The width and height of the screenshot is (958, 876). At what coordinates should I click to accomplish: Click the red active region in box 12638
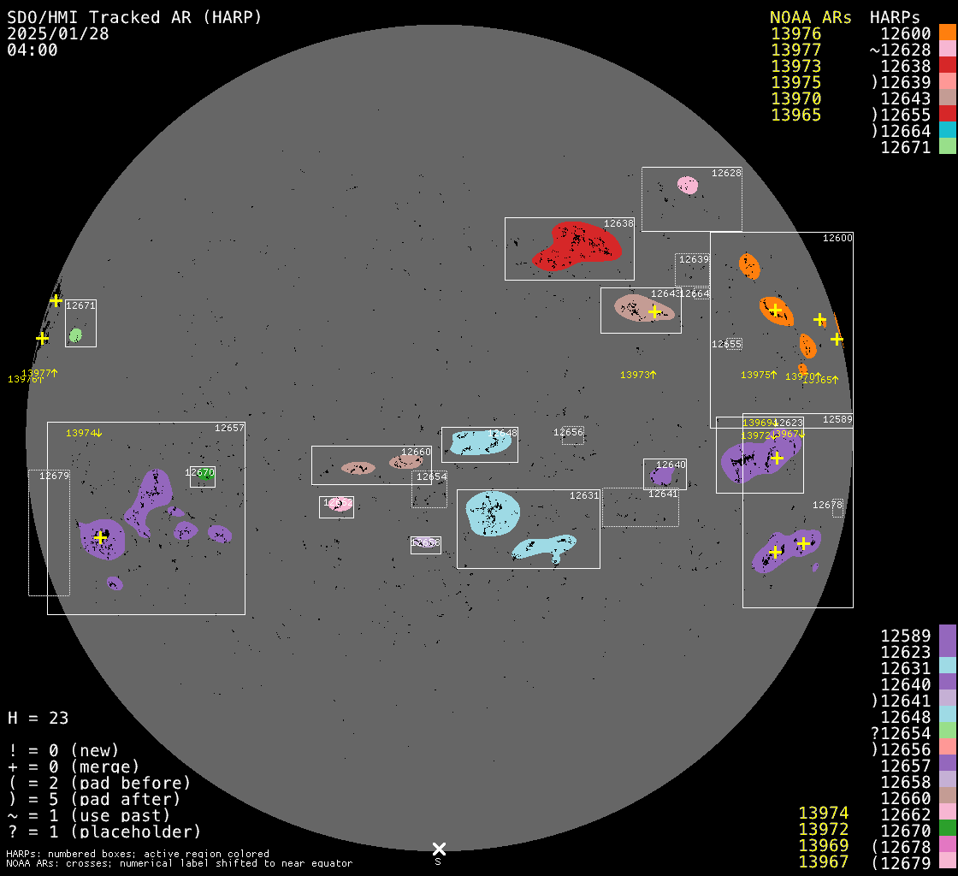pos(577,246)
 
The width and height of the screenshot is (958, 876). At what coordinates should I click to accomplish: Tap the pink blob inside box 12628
pos(687,185)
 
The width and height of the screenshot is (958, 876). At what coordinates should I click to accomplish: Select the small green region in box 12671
pos(75,334)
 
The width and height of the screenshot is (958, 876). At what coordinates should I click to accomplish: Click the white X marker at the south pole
pos(439,849)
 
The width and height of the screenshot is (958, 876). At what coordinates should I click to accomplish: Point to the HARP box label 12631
pos(584,495)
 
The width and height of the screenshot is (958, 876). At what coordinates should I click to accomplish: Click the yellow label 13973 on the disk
pos(637,375)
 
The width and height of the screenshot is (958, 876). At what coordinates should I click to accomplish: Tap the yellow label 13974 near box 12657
pos(83,433)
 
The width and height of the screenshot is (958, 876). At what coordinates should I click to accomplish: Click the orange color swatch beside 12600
pos(947,33)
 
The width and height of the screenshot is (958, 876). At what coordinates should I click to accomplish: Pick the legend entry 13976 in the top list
pos(795,34)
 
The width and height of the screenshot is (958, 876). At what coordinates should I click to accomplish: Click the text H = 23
pos(38,718)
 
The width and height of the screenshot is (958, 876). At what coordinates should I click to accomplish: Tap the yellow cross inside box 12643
pos(655,311)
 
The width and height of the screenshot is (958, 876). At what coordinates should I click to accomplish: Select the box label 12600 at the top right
pos(837,238)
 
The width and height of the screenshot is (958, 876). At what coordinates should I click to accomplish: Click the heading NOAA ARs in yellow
pos(810,17)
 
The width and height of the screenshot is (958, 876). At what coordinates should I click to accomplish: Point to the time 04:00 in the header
pos(32,50)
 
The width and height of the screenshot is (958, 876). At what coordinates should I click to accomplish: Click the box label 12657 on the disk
pos(229,428)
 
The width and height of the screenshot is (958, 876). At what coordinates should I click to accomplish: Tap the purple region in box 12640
pos(661,476)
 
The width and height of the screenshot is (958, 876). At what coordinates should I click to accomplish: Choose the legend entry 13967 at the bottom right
pos(823,861)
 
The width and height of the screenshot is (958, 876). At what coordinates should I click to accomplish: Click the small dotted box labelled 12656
pos(572,435)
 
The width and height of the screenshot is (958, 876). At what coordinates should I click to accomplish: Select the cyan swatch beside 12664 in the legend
pos(947,130)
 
